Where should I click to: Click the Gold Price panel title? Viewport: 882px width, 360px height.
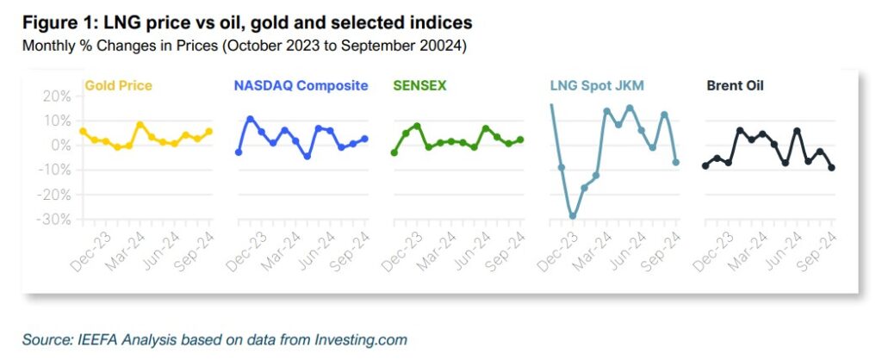pyautogui.click(x=118, y=86)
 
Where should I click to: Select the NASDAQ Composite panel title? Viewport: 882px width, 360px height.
pyautogui.click(x=301, y=86)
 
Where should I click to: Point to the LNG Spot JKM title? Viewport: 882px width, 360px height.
pyautogui.click(x=596, y=86)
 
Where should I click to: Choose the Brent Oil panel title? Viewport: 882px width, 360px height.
pyautogui.click(x=735, y=86)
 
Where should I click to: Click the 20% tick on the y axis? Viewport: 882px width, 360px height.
pyautogui.click(x=56, y=96)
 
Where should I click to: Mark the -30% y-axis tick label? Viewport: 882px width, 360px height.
pyautogui.click(x=53, y=220)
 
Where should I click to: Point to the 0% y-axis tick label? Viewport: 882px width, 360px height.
pyautogui.click(x=60, y=146)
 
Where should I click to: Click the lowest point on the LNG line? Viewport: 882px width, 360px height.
pyautogui.click(x=573, y=216)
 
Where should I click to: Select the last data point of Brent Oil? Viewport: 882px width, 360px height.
pyautogui.click(x=832, y=167)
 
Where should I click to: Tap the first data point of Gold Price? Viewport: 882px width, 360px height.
pyautogui.click(x=83, y=131)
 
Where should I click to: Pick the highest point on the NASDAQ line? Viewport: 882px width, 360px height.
pyautogui.click(x=251, y=119)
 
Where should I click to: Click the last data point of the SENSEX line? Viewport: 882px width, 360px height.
pyautogui.click(x=520, y=140)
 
